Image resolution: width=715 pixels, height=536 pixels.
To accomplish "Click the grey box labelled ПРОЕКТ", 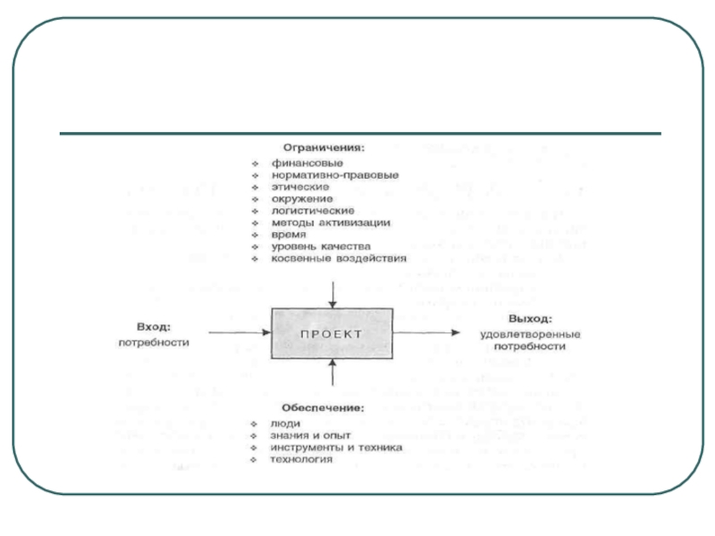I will pyautogui.click(x=332, y=332).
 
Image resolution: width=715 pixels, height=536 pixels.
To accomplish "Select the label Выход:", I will pyautogui.click(x=531, y=319).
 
